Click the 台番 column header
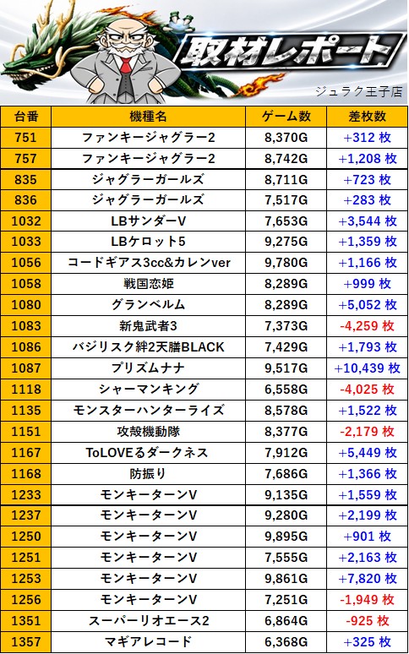(26, 117)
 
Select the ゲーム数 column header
(286, 117)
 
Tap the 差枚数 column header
(367, 117)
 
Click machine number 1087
(26, 368)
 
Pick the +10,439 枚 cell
(367, 368)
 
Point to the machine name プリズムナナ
(148, 368)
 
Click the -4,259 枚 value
(367, 326)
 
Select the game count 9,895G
(286, 537)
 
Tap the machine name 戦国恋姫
(148, 284)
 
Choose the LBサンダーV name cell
(148, 221)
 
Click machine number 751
(26, 137)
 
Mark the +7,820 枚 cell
(367, 579)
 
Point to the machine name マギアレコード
(148, 641)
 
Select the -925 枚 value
(367, 621)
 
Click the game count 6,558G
(286, 390)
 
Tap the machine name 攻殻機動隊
(148, 431)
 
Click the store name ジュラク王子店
(358, 91)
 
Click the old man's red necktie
(126, 68)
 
